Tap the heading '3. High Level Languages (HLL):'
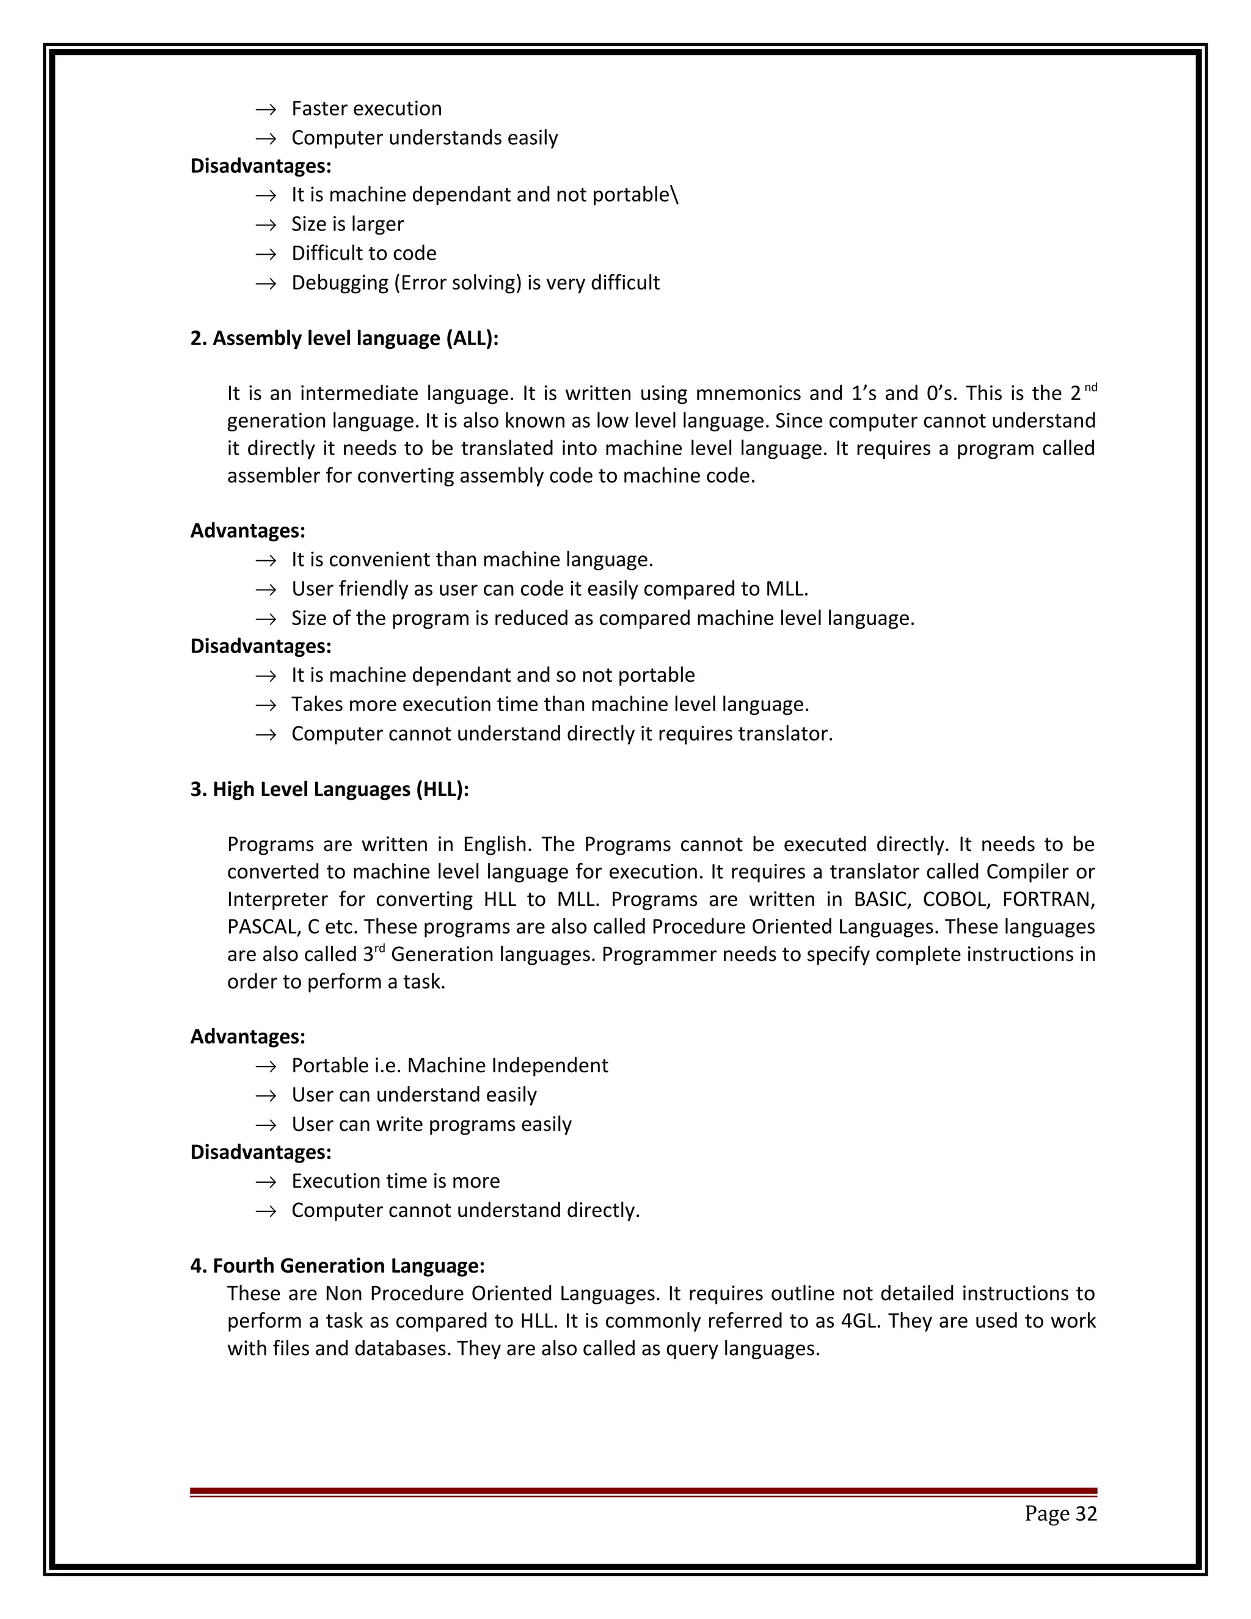coord(329,789)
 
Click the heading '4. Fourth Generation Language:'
coord(337,1265)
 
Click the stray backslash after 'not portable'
coord(674,194)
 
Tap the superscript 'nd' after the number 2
coord(1090,387)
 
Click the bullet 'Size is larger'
coord(347,224)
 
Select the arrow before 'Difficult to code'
coord(265,254)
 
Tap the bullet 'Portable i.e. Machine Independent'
coord(449,1065)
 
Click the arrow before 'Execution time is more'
coord(265,1182)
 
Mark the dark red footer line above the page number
coord(643,1491)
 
